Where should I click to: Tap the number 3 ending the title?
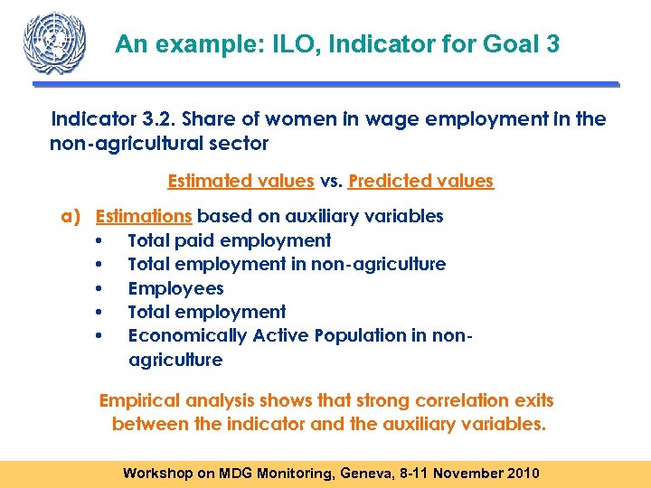click(x=553, y=44)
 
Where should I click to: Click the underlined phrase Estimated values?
click(x=241, y=181)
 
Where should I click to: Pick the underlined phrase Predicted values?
click(x=420, y=181)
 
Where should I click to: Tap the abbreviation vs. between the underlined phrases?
click(x=331, y=181)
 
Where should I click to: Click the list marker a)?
click(x=71, y=217)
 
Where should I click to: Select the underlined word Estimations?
click(x=143, y=217)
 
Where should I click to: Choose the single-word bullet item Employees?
click(x=175, y=288)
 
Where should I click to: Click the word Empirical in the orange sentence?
click(x=140, y=400)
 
